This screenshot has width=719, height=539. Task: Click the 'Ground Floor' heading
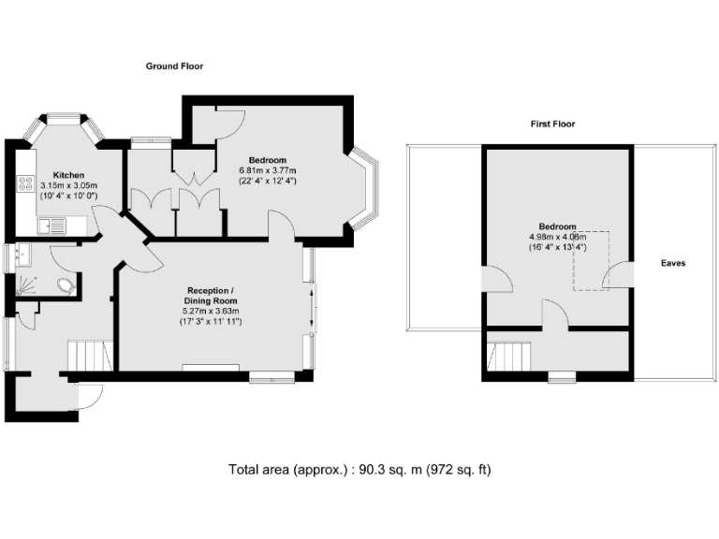pyautogui.click(x=174, y=66)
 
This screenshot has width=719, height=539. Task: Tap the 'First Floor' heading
pyautogui.click(x=551, y=124)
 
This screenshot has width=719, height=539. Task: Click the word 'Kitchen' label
pyautogui.click(x=69, y=175)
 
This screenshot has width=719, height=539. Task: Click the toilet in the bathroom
pyautogui.click(x=66, y=286)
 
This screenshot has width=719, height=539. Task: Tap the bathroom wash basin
pyautogui.click(x=21, y=253)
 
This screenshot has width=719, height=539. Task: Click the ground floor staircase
pyautogui.click(x=90, y=356)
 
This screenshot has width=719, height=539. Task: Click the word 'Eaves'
pyautogui.click(x=672, y=264)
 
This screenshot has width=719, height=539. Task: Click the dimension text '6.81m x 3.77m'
pyautogui.click(x=268, y=170)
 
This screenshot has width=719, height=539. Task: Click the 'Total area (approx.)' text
pyautogui.click(x=286, y=469)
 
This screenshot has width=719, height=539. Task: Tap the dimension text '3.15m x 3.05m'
pyautogui.click(x=69, y=185)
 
